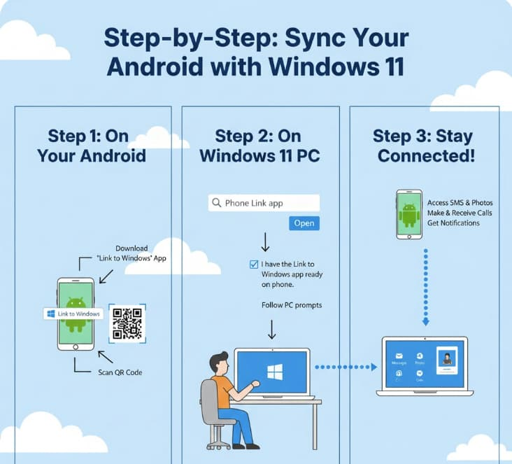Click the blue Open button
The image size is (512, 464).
click(x=304, y=223)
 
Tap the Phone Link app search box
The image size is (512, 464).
click(x=264, y=204)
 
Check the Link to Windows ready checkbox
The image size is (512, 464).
click(x=253, y=265)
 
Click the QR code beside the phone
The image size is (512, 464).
click(x=127, y=323)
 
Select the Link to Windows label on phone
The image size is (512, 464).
click(x=73, y=314)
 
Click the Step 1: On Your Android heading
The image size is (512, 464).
click(x=89, y=145)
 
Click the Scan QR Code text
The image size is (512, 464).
click(x=120, y=372)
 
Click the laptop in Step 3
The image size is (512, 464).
click(x=425, y=366)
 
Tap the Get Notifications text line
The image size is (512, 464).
click(x=453, y=223)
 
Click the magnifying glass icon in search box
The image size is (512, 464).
click(x=216, y=204)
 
